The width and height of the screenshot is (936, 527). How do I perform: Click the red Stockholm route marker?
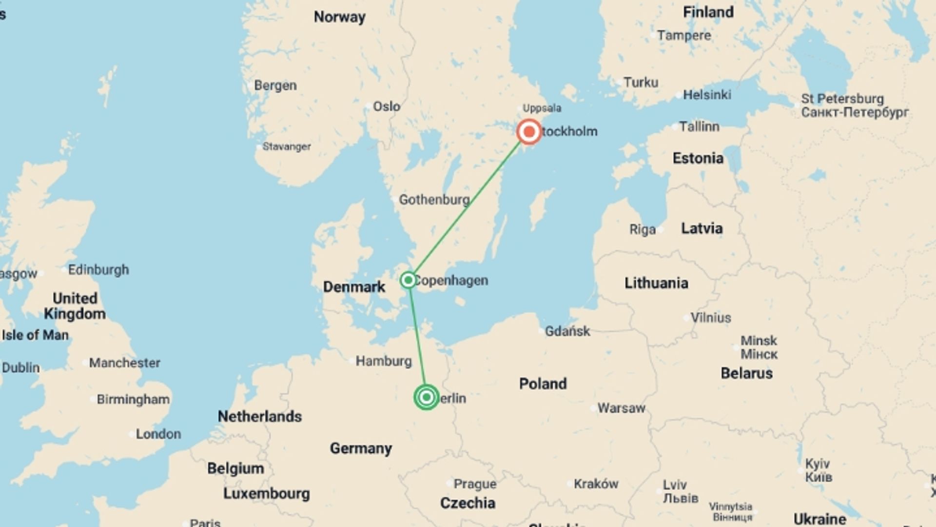point(529,132)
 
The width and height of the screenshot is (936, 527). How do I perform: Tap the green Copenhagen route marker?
point(408,280)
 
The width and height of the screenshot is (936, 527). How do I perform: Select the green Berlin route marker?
point(427,397)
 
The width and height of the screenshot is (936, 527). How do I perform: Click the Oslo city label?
point(386,106)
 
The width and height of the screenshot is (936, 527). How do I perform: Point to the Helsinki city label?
point(706,95)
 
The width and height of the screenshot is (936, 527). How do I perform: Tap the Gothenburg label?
point(434,200)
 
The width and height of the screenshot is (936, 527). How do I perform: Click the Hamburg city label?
point(383,361)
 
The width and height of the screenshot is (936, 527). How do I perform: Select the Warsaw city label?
point(621,408)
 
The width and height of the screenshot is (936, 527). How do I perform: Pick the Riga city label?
point(642,229)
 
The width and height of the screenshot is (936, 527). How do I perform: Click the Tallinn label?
point(699,127)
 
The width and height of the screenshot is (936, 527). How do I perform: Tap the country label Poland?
point(543,384)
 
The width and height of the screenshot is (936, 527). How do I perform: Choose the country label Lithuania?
point(656,283)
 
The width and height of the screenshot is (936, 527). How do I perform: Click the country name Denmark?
point(354,287)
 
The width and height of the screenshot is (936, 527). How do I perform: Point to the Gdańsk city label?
point(567,331)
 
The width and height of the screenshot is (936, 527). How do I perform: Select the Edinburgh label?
point(98,270)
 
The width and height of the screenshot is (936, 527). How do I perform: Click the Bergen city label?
point(275,85)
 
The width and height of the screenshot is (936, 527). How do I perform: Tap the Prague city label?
point(475,484)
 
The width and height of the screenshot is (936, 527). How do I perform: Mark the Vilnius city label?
point(710,318)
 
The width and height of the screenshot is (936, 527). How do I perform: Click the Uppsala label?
point(542,108)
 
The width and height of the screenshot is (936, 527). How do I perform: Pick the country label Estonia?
point(698,158)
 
